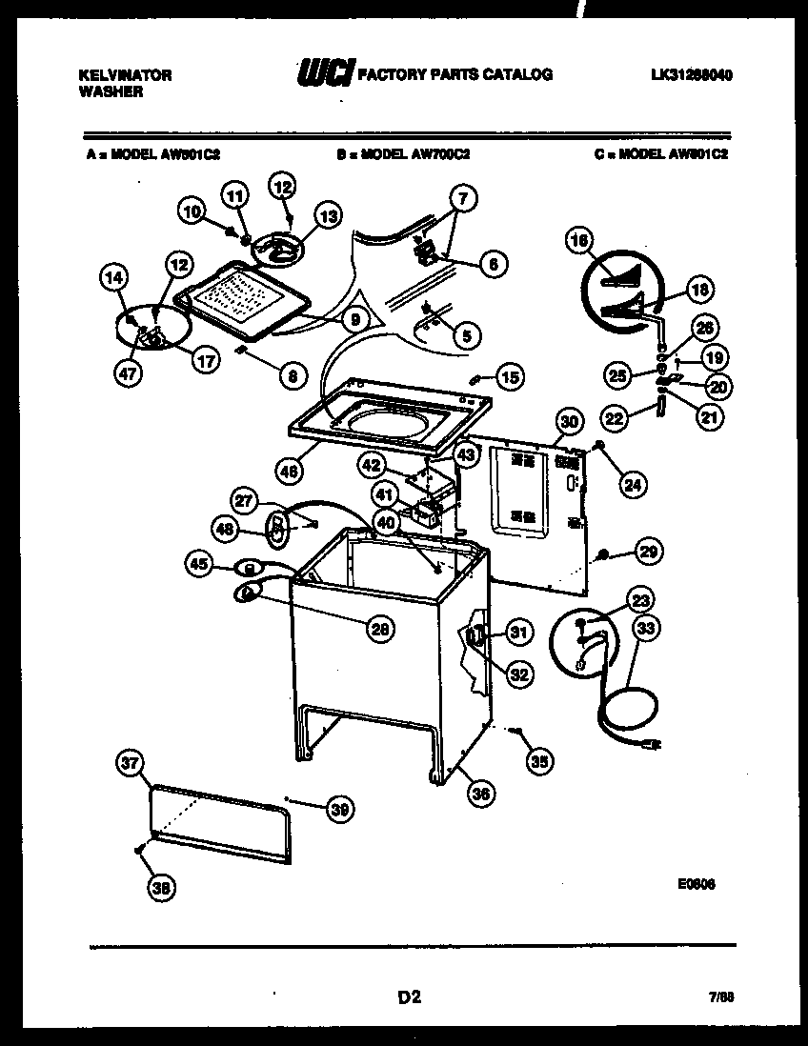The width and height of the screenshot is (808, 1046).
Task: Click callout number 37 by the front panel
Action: click(x=130, y=762)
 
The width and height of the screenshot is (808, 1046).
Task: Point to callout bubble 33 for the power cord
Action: click(x=646, y=629)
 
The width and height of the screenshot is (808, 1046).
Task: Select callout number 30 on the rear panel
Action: click(x=568, y=421)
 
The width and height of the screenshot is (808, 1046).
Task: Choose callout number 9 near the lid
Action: click(x=353, y=320)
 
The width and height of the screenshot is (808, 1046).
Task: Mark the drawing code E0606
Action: click(x=697, y=883)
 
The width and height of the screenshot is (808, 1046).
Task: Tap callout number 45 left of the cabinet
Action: click(x=199, y=565)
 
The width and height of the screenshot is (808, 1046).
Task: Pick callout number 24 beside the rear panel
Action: click(x=632, y=484)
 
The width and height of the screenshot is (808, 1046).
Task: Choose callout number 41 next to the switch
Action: click(x=383, y=494)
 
